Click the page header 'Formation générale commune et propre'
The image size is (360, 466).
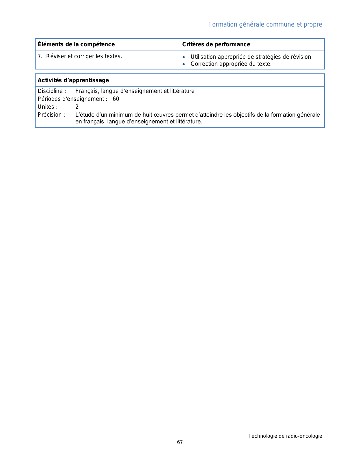(265, 25)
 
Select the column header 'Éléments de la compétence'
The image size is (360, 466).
(76, 44)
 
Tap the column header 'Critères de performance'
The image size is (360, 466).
(216, 44)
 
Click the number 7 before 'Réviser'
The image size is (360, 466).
(40, 56)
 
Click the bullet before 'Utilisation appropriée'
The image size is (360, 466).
(184, 57)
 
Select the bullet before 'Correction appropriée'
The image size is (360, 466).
(184, 64)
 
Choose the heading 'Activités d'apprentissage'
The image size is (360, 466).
(73, 80)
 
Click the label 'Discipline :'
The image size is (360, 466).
(52, 91)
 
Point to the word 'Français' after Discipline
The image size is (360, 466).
(86, 91)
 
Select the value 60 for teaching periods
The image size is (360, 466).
(116, 99)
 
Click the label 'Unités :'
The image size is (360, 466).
(47, 107)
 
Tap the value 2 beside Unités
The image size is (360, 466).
(77, 107)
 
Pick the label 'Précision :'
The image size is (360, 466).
(51, 115)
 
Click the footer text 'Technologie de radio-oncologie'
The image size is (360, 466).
(285, 436)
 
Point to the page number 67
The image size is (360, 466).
(180, 442)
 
